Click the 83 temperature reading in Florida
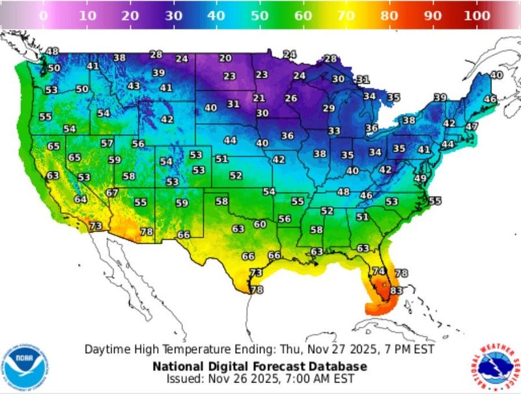click(x=396, y=290)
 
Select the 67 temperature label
click(x=112, y=193)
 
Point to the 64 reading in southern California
click(x=80, y=199)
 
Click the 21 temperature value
click(x=259, y=98)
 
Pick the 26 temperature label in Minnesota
click(x=291, y=98)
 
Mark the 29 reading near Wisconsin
click(x=329, y=108)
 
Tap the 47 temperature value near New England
click(x=472, y=126)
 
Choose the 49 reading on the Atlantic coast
click(x=420, y=178)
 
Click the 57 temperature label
click(x=107, y=143)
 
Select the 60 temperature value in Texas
click(x=260, y=224)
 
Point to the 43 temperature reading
click(x=134, y=86)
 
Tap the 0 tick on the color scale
click(x=44, y=15)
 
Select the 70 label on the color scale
click(x=346, y=15)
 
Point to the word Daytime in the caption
click(x=106, y=349)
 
